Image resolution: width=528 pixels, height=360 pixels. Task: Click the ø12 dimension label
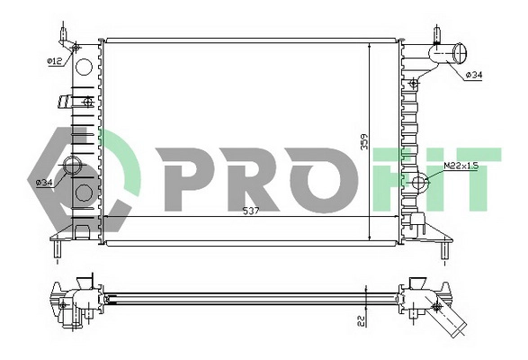click(x=53, y=60)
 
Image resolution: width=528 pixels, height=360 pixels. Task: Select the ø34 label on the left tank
click(x=43, y=183)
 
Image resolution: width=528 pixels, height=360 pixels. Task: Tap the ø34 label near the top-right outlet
click(x=473, y=75)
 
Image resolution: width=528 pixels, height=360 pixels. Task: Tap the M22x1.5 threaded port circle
click(x=420, y=184)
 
